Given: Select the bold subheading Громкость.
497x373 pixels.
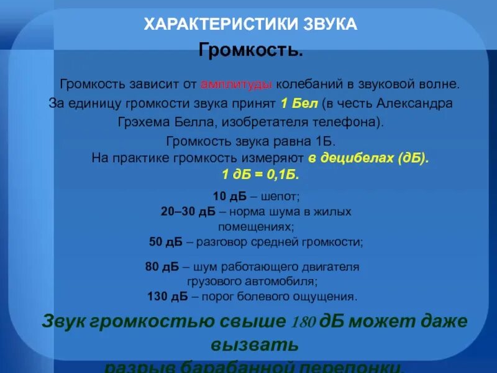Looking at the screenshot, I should [251, 49].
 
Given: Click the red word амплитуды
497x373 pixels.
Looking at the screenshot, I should [237, 83].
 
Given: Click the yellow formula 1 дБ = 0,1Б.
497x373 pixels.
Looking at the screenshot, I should [260, 174].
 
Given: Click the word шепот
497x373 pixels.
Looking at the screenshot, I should [281, 197].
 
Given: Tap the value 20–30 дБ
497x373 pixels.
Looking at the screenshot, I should [188, 212].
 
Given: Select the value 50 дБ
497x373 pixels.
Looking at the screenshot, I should [165, 242].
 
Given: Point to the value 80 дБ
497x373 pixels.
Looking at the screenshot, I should [162, 267].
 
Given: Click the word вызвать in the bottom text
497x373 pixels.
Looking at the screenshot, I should [255, 344].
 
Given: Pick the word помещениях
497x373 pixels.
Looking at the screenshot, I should [255, 226].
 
